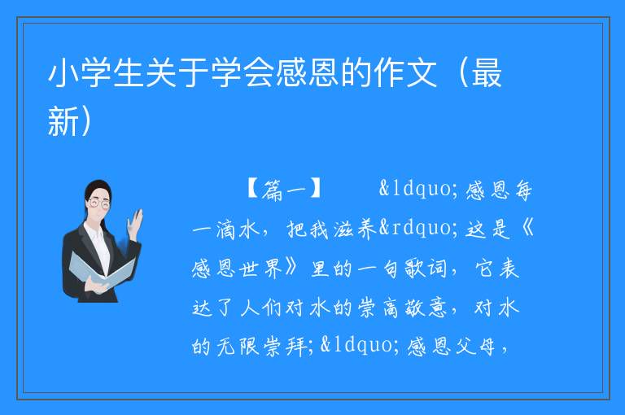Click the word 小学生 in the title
[97, 73]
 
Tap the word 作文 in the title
[405, 73]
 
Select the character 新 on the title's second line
[63, 121]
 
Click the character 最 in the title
[487, 73]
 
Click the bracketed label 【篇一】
[284, 189]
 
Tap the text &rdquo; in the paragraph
[418, 228]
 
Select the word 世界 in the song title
[261, 268]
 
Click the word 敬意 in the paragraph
[426, 308]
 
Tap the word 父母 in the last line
[475, 346]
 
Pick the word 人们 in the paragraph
[261, 308]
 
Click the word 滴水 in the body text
[238, 229]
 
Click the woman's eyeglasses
[98, 203]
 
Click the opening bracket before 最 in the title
[463, 73]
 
